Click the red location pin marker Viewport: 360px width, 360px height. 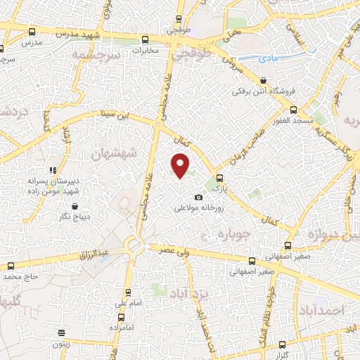pyautogui.click(x=181, y=165)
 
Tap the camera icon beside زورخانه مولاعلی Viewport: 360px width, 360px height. pyautogui.click(x=198, y=198)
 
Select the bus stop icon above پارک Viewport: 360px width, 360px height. pyautogui.click(x=220, y=178)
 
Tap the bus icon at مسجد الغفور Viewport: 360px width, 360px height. pyautogui.click(x=294, y=110)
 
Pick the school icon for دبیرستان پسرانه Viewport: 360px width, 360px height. pyautogui.click(x=52, y=170)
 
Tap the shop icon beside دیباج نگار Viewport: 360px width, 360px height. pyautogui.click(x=75, y=206)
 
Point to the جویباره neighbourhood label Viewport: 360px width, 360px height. pyautogui.click(x=235, y=233)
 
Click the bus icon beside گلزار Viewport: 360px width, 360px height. pyautogui.click(x=283, y=345)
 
